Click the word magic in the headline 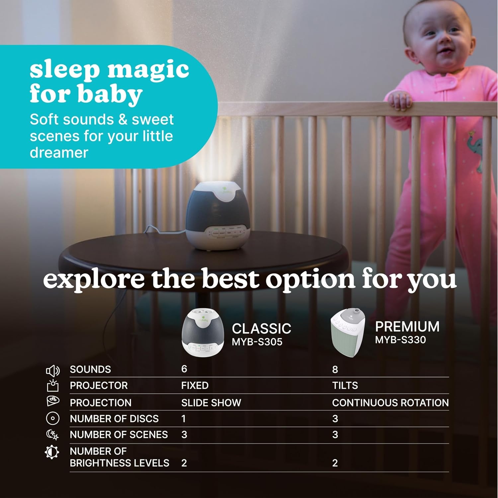coord(148,70)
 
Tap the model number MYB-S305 coord(257,342)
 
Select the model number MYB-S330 coord(400,340)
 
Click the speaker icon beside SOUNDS coord(52,371)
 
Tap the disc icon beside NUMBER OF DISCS coord(53,418)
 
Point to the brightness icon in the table coord(52,452)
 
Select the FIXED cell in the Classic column coord(195,385)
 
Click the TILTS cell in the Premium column coord(345,385)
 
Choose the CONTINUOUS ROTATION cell coord(390,403)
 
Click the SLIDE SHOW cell coord(211,403)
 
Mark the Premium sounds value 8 coord(335,370)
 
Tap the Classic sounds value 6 coord(184,369)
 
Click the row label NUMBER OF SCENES coord(119,435)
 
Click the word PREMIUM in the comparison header coord(407,327)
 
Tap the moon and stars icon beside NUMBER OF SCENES coord(52,435)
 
